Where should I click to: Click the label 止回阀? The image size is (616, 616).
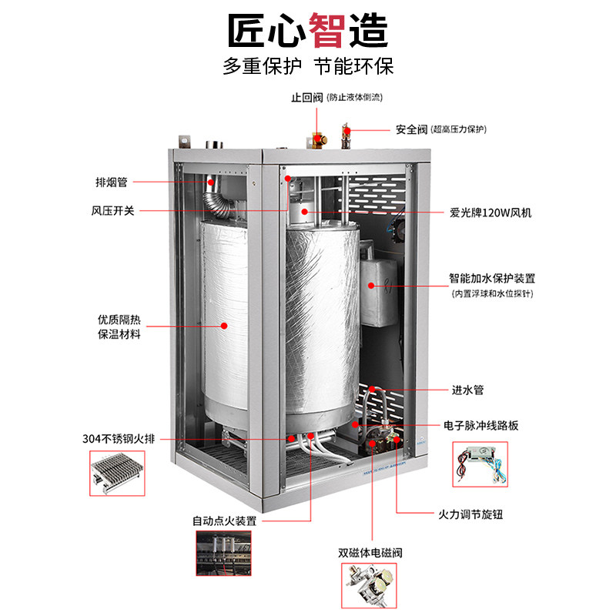(306, 98)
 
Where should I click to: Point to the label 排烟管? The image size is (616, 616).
(112, 182)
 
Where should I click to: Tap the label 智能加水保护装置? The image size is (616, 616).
(493, 278)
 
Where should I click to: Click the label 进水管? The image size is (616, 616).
(467, 390)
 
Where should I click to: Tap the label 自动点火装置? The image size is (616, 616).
(224, 521)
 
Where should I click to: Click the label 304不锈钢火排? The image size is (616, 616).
(119, 438)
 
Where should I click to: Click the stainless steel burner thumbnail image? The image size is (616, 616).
(118, 475)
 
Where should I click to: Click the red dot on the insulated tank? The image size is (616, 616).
(224, 326)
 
